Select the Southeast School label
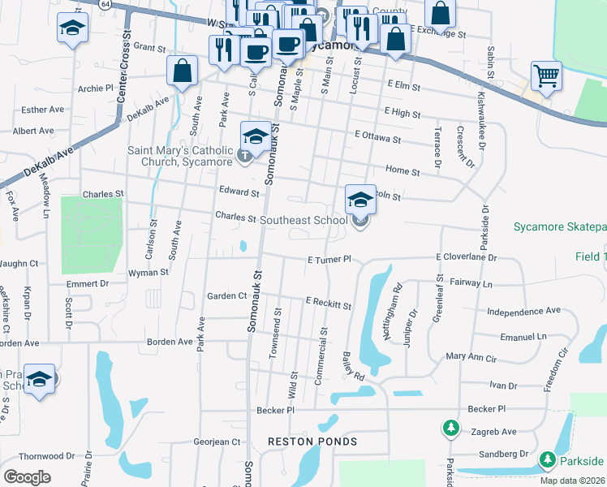coord(303,219)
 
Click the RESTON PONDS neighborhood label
coord(312,442)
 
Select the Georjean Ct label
coord(217,442)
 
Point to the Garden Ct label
coord(226,296)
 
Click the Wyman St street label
coord(148,274)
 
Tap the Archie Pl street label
coord(96,88)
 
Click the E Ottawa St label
coord(377,139)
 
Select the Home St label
coord(403,172)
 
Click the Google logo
coord(28,476)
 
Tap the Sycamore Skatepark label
coord(559,226)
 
